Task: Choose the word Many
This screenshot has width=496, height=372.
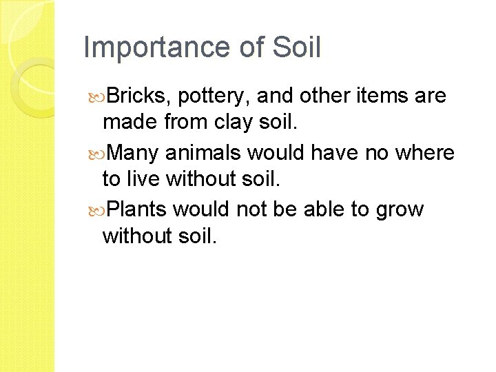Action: point(135,152)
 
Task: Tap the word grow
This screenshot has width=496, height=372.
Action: point(400,209)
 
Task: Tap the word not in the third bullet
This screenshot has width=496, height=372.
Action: point(253,208)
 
